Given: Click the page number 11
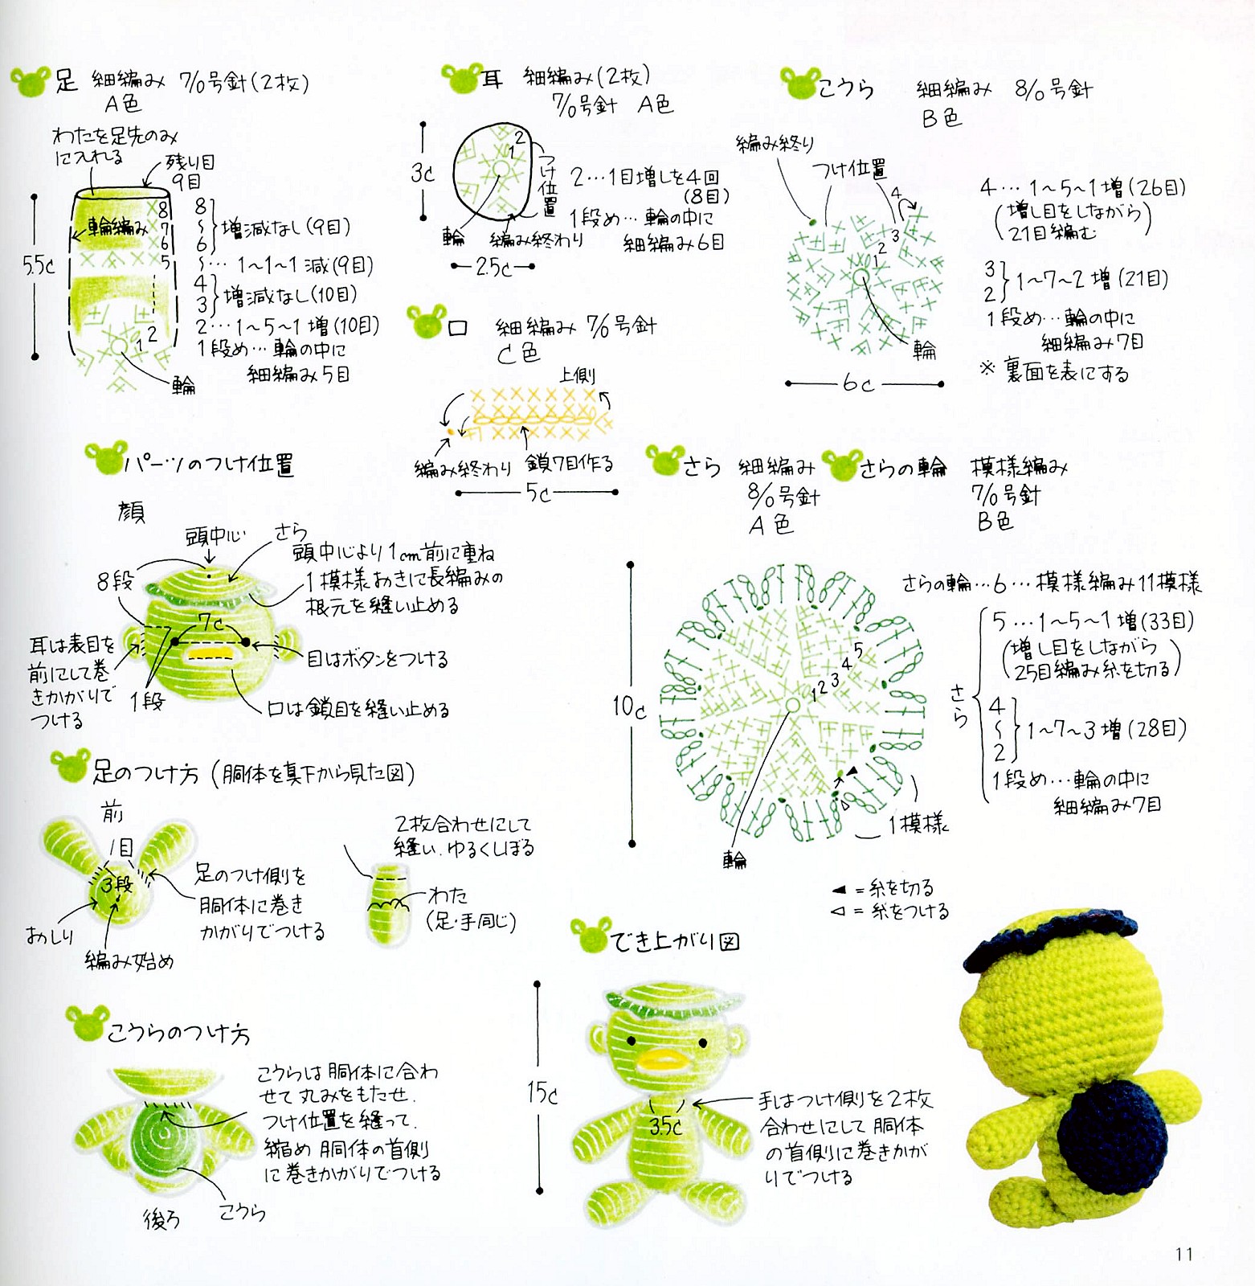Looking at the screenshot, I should tap(1183, 1254).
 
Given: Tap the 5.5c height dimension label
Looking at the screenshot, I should tap(38, 265).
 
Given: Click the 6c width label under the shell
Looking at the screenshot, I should tap(857, 384).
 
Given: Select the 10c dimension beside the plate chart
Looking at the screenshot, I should tap(629, 706).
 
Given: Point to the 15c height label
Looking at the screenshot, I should tap(542, 1092).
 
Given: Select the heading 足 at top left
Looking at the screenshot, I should tap(66, 80).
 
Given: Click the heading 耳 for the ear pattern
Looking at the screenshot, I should tap(492, 79).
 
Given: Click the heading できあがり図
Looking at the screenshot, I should tap(675, 940).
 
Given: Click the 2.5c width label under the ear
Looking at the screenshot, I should tap(493, 267).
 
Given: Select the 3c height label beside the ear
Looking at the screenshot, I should tap(422, 172).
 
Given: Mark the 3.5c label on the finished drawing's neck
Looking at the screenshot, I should tap(665, 1126).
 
